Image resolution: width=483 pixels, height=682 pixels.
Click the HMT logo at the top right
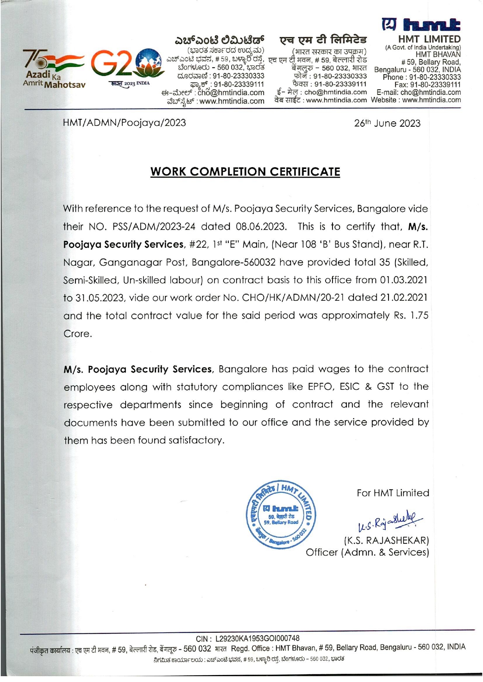click(422, 25)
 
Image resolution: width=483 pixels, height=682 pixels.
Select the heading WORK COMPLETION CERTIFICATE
click(245, 172)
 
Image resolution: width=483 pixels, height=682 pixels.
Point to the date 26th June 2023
click(387, 124)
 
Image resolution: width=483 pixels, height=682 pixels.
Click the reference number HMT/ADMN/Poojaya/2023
click(124, 123)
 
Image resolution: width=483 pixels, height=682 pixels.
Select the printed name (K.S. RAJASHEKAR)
click(386, 541)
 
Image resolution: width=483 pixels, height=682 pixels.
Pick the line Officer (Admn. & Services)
click(367, 552)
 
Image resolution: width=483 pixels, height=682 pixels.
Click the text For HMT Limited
click(393, 493)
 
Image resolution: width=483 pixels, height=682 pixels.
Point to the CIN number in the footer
click(248, 638)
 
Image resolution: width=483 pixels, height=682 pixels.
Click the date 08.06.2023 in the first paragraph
click(261, 227)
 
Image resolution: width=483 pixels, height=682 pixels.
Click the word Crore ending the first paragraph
click(77, 334)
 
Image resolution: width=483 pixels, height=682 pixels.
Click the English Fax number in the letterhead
click(427, 85)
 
